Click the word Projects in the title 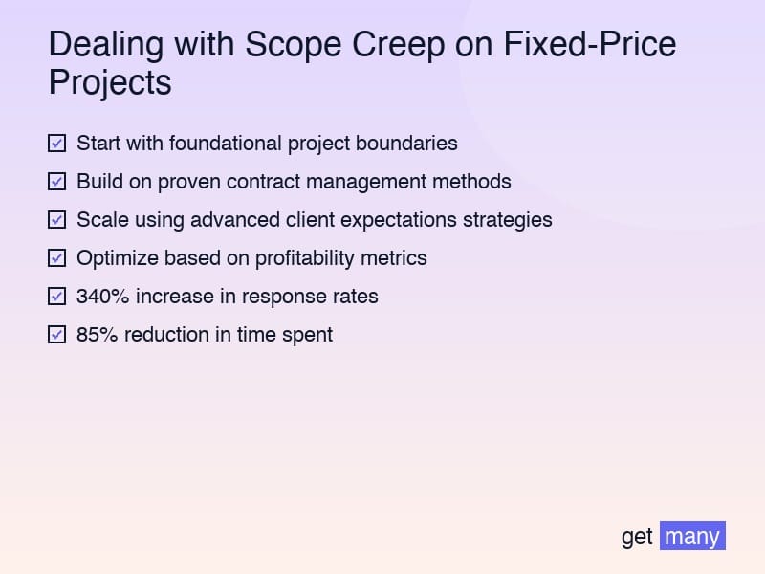110,82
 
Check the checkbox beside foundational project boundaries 56,143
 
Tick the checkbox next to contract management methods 56,182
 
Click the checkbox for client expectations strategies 56,220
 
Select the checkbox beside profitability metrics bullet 56,258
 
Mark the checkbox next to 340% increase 56,297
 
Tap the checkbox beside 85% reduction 56,335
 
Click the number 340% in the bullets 103,297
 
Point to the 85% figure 97,335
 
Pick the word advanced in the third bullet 235,220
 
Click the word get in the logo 637,537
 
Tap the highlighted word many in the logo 692,536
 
